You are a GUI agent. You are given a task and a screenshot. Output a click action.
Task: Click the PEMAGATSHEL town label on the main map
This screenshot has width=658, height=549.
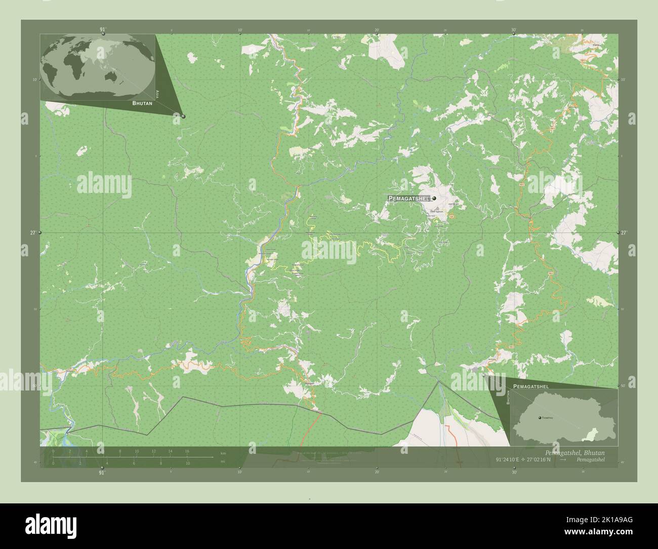[x=409, y=198]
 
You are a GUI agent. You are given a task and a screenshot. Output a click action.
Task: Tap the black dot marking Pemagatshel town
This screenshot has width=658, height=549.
[x=434, y=199]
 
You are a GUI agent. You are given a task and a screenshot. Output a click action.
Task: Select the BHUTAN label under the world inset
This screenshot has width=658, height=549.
[x=142, y=103]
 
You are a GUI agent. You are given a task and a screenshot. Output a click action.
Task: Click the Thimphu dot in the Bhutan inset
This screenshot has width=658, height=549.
[x=540, y=417]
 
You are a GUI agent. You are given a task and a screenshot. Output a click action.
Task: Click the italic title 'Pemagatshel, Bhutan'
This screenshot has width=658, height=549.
[x=574, y=452]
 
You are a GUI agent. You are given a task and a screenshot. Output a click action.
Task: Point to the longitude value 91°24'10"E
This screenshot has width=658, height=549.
[x=510, y=460]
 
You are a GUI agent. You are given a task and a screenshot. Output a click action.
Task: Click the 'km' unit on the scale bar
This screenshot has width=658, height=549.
[x=223, y=452]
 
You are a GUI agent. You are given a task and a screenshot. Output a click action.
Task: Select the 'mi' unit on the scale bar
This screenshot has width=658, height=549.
[x=223, y=462]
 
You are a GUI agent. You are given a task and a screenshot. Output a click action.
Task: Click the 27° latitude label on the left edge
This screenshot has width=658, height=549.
[x=32, y=233]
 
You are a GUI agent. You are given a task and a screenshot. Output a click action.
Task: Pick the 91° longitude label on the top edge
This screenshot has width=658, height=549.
[x=102, y=29]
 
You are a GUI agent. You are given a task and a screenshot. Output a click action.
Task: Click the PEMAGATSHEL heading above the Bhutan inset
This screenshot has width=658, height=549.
[x=530, y=386]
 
